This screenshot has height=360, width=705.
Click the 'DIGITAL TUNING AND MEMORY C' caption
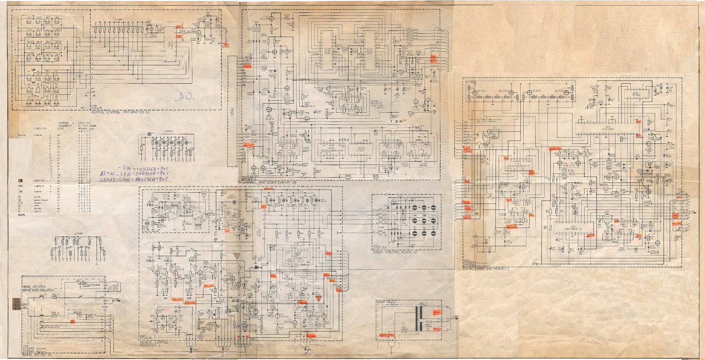click(486, 269)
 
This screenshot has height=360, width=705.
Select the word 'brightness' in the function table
click(39, 186)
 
